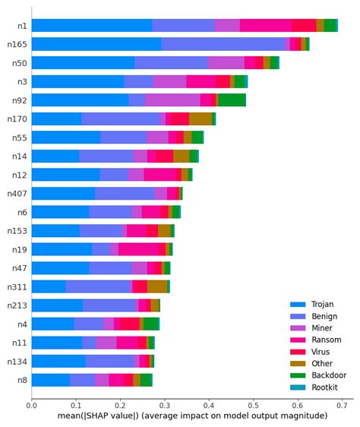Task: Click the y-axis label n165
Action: pos(17,44)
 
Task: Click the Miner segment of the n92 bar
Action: pos(172,100)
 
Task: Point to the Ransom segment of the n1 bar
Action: pos(265,25)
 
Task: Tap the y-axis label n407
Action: pos(17,193)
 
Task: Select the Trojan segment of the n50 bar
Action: pos(83,62)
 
